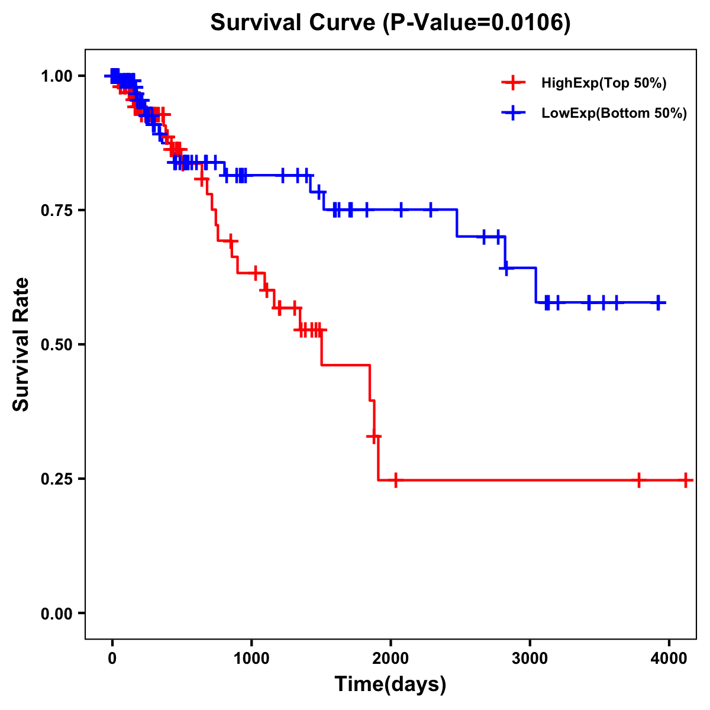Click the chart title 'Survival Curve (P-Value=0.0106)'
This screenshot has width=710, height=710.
point(390,23)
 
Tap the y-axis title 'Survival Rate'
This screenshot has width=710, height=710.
point(21,344)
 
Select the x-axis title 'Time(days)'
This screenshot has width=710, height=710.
point(390,685)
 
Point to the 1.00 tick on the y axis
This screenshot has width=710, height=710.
point(56,76)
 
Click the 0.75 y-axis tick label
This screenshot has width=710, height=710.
point(56,210)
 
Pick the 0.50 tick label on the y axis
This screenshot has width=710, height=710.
point(56,344)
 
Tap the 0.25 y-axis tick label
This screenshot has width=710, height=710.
point(56,479)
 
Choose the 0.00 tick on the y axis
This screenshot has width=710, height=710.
point(56,613)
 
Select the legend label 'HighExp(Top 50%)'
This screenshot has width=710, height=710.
point(604,83)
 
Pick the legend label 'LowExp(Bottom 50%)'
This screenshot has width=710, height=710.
point(614,114)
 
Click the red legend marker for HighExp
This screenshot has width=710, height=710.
point(513,83)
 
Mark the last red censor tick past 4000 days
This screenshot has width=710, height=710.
point(685,480)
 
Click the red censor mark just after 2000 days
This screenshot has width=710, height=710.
point(395,480)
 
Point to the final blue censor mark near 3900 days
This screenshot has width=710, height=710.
point(659,302)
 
